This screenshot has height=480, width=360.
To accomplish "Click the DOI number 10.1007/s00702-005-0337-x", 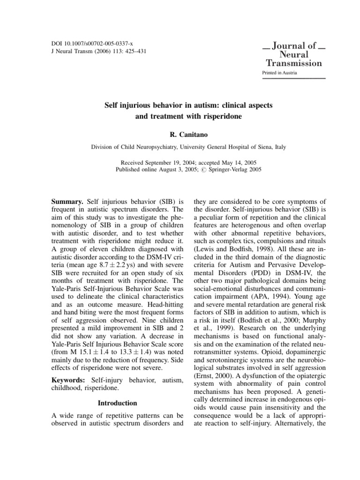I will coord(94,43).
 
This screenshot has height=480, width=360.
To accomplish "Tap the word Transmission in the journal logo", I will coord(294,63).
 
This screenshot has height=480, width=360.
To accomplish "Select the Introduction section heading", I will coord(117,403).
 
